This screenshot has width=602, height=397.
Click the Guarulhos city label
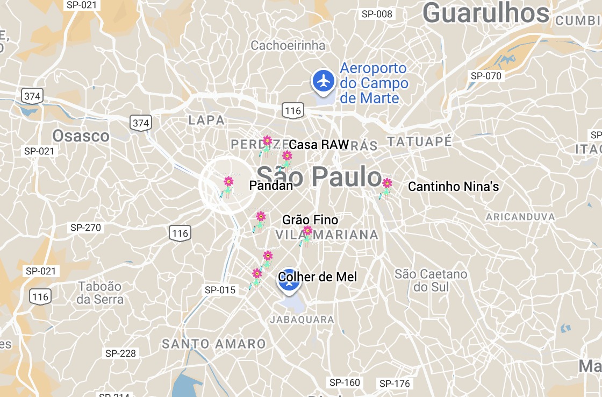point(486,14)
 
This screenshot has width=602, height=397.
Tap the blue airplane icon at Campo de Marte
point(323,81)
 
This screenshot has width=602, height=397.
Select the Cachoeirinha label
point(288,46)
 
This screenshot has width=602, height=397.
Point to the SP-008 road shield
point(377,14)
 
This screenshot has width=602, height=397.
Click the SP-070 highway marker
point(486,76)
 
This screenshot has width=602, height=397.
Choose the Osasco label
point(81,136)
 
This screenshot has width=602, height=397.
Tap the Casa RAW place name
point(319,145)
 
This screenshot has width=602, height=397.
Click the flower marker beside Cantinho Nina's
point(386,188)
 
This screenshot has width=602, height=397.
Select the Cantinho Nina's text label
point(454,187)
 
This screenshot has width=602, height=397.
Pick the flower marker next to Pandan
point(228,186)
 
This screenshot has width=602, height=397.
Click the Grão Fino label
point(310,220)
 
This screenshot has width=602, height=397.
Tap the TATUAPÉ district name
point(419,142)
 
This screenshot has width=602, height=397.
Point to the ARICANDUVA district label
point(520,217)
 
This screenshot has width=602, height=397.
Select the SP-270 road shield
point(85,228)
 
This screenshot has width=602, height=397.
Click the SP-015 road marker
point(220,290)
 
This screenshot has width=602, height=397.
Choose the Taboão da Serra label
point(100,293)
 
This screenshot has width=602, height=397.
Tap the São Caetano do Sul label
point(431,281)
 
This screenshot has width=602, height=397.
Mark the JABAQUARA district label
point(302,320)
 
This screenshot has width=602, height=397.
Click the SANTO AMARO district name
point(214,344)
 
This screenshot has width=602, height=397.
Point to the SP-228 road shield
point(120,353)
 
